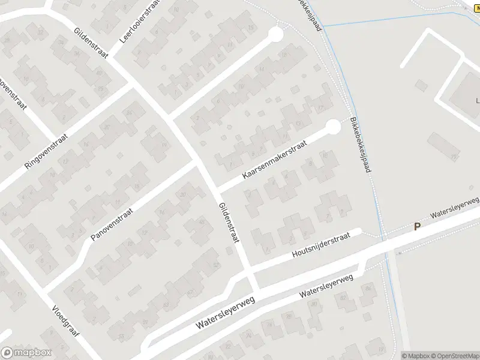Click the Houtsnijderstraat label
tap(320, 246)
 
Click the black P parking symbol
tap(418, 226)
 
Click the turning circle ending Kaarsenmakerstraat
tap(332, 127)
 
